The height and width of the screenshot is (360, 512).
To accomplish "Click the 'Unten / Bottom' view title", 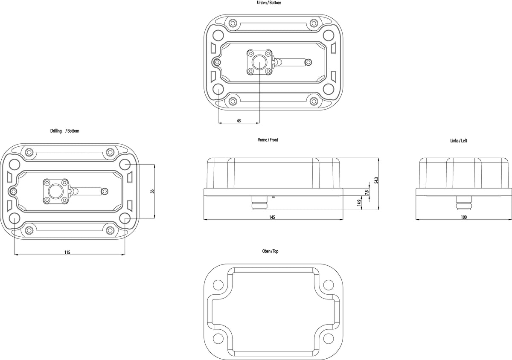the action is [x=269, y=3].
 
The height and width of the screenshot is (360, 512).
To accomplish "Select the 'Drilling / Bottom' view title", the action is [x=65, y=131].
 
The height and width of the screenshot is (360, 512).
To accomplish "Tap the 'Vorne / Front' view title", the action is [x=268, y=139].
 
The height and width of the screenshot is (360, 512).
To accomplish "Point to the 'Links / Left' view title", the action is [x=459, y=141].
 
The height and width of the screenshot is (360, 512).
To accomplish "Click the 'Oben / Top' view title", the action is [x=270, y=251].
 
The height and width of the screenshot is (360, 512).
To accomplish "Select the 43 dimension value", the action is [x=239, y=120].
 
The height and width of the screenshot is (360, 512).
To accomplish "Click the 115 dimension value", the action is [x=67, y=253].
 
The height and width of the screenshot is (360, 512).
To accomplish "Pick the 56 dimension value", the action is [x=152, y=191].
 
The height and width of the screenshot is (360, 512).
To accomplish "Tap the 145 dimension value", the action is [x=272, y=217].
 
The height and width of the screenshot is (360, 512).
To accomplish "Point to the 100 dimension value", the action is [x=464, y=217].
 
